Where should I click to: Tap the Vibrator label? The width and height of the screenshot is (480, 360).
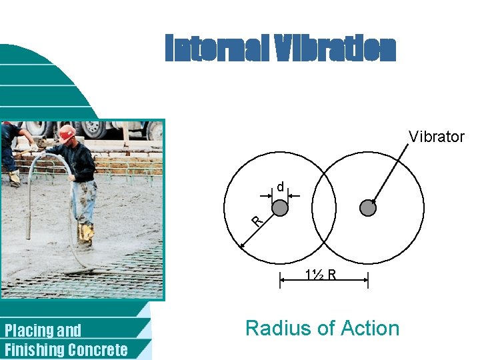pos(436,137)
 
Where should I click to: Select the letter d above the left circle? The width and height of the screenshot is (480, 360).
pos(281,187)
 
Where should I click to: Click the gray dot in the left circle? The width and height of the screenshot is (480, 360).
pos(280,208)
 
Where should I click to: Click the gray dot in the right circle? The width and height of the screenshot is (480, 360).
pos(368,208)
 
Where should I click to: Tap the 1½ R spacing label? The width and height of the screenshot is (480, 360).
pos(321,274)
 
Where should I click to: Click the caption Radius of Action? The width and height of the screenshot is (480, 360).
pos(322,328)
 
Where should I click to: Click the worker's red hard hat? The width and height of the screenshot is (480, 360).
pos(67,132)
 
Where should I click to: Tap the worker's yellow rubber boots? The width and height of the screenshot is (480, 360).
pos(85,232)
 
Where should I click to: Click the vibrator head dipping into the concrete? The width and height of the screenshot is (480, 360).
pos(29,227)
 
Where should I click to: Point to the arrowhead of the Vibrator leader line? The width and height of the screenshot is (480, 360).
pos(373,202)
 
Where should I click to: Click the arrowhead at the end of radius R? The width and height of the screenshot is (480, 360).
pos(242,246)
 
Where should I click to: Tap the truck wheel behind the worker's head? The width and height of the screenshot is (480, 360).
pos(93,128)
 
